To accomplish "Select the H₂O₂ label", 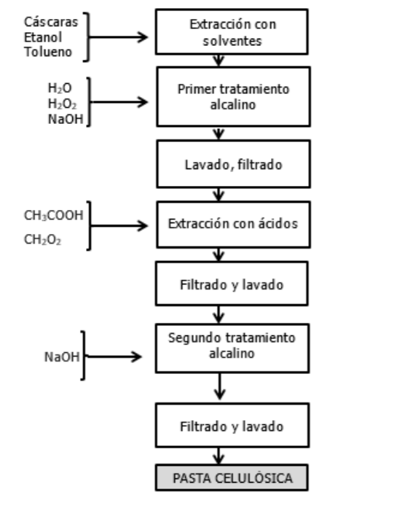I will coord(57,104).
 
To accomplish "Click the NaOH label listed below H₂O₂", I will coord(59,119).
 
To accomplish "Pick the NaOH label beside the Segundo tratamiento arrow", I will coord(61,357).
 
